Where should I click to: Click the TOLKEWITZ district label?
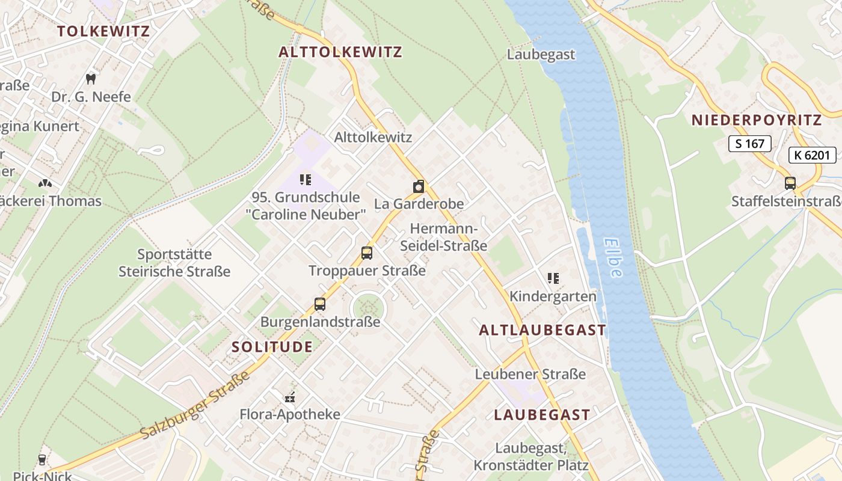click(x=103, y=31)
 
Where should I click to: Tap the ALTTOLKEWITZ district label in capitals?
click(x=340, y=52)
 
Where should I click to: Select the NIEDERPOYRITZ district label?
click(x=756, y=120)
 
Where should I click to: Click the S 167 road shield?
click(x=749, y=144)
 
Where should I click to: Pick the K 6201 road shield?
click(x=812, y=156)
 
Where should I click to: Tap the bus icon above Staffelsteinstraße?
click(x=790, y=183)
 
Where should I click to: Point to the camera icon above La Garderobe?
click(x=419, y=186)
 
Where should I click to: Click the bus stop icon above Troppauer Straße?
click(x=367, y=253)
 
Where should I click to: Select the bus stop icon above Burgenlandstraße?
click(x=320, y=304)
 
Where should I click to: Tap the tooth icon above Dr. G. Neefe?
click(x=91, y=79)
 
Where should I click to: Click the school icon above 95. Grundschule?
click(x=306, y=179)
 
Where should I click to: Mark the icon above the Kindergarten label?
click(x=553, y=278)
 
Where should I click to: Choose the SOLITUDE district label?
click(x=272, y=347)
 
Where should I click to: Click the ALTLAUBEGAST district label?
click(x=542, y=330)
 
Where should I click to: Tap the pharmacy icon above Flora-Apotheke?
click(x=290, y=397)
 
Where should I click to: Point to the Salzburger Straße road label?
click(x=195, y=405)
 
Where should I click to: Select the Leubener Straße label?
click(x=530, y=374)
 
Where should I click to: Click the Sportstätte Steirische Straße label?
click(x=174, y=263)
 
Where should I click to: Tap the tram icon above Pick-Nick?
click(x=41, y=460)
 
